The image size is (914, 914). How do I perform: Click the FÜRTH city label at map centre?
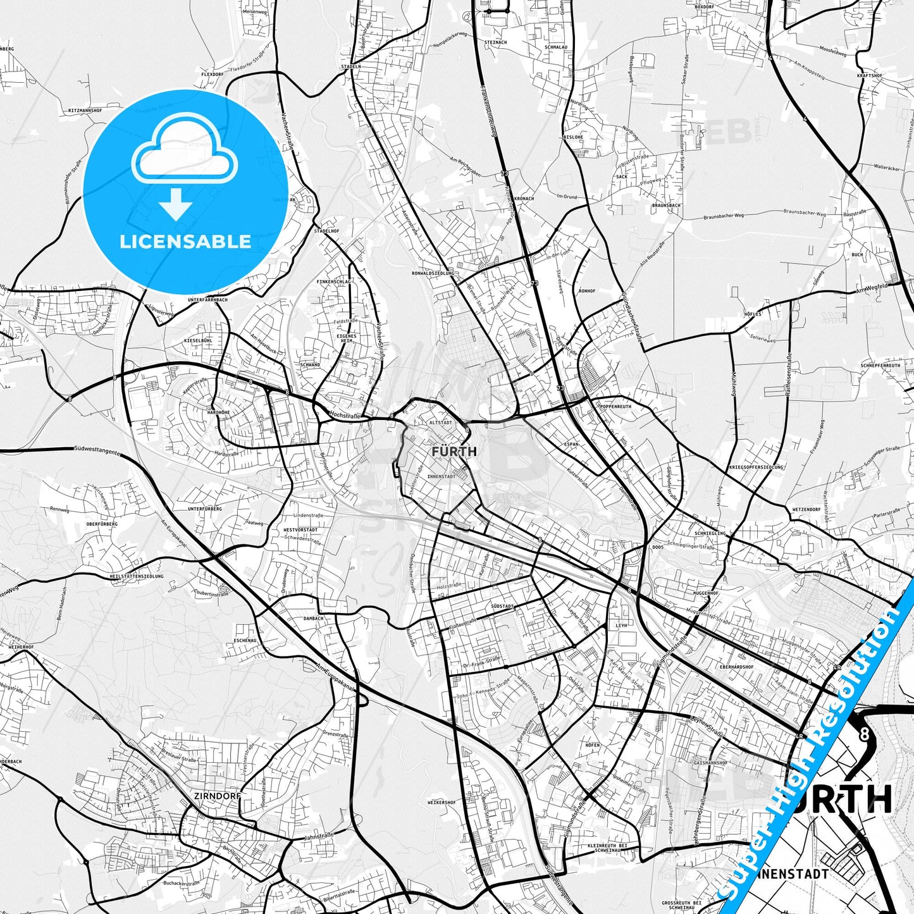[x=454, y=452]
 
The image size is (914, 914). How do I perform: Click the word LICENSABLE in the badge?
[x=185, y=242]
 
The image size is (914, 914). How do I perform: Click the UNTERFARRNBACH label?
[x=207, y=300]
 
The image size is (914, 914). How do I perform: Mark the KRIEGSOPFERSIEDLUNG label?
[x=756, y=467]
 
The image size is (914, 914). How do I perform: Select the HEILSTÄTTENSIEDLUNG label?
[x=137, y=576]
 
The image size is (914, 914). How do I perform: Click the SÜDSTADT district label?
[x=502, y=606]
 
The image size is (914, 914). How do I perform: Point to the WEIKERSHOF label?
[x=442, y=802]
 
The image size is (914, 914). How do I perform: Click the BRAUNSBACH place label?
[x=666, y=206]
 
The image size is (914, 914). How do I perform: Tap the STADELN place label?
[x=350, y=66]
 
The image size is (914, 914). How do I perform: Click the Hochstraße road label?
[x=345, y=416]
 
